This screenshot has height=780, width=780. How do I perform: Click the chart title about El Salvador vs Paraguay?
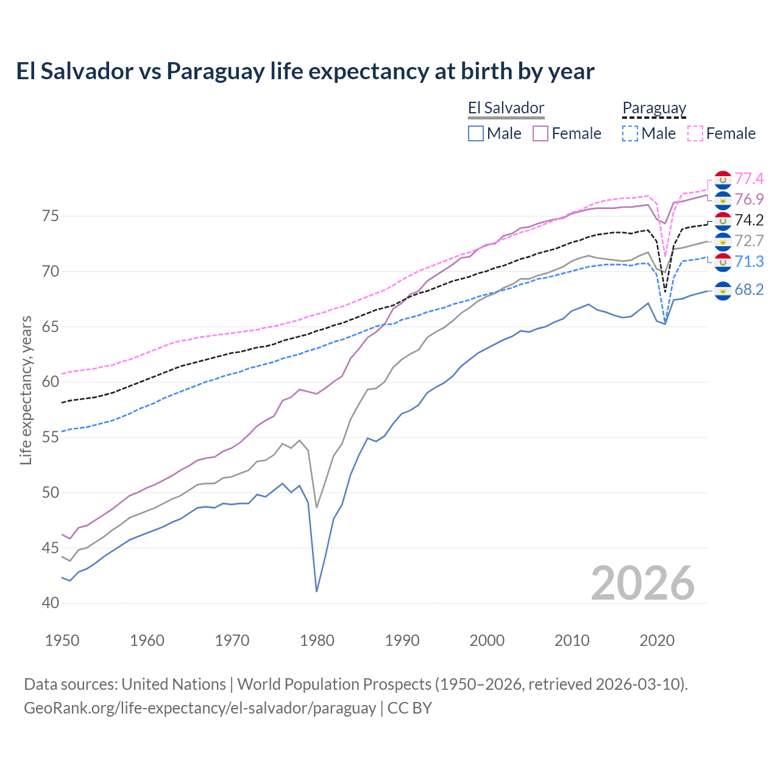click(x=305, y=71)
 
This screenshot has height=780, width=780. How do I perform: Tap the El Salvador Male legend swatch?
click(x=476, y=133)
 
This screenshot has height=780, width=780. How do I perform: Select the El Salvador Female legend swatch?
click(x=541, y=133)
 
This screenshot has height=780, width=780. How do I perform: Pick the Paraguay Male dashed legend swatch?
click(x=630, y=133)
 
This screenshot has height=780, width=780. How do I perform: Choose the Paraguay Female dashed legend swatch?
click(x=695, y=133)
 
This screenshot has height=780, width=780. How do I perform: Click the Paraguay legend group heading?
click(x=654, y=108)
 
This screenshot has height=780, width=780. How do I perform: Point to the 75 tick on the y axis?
click(x=51, y=216)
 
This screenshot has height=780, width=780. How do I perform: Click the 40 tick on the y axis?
click(x=51, y=603)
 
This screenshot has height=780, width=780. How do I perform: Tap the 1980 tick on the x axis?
click(x=317, y=640)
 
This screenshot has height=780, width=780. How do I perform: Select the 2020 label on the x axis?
click(x=657, y=640)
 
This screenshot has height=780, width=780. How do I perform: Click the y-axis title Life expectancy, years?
click(x=26, y=390)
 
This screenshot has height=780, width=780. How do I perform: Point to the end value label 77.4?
click(x=749, y=179)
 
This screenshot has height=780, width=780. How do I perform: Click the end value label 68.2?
click(x=749, y=289)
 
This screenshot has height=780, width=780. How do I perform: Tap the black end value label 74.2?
click(x=749, y=220)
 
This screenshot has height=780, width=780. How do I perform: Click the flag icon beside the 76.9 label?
click(x=723, y=200)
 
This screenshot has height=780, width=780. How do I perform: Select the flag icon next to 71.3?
click(x=723, y=262)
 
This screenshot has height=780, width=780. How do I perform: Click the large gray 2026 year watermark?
click(x=643, y=583)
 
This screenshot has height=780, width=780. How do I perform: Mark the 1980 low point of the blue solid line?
click(x=317, y=591)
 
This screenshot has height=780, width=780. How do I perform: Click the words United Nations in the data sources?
click(x=174, y=684)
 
